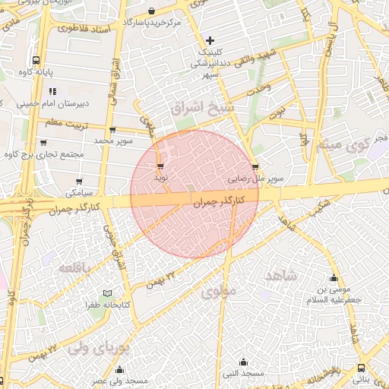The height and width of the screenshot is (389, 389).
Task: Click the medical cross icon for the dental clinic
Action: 210,40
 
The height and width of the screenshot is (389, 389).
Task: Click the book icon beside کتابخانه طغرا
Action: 107,293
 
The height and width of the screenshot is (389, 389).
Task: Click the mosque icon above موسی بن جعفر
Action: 333,278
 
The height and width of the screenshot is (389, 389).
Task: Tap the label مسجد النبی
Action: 243,375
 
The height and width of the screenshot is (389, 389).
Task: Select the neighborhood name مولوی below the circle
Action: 220,289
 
